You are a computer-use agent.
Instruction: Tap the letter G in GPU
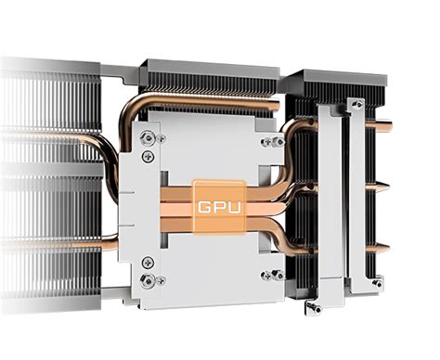point(203,199)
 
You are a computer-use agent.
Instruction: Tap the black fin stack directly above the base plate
point(208,80)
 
